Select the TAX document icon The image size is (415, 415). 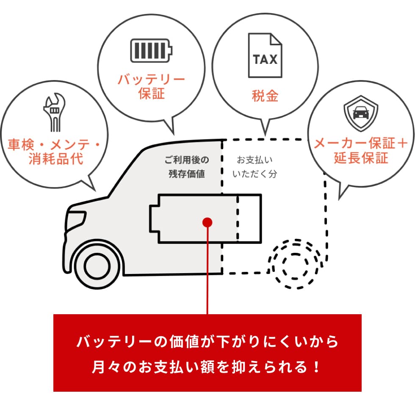coord(265,55)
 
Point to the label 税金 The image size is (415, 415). coord(265,96)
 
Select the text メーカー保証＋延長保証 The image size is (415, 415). coord(361,151)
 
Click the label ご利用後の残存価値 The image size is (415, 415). coord(187,167)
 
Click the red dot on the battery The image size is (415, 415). coord(207,222)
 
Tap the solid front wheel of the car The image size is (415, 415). coord(99,265)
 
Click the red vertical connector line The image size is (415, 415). coord(207,271)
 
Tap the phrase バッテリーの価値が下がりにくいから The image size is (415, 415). coord(207,342)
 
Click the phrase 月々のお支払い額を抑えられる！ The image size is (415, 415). coord(207,366)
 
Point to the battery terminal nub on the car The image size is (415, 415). coord(154,218)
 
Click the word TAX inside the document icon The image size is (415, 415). coord(265,59)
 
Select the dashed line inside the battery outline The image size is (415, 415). coord(238,218)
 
